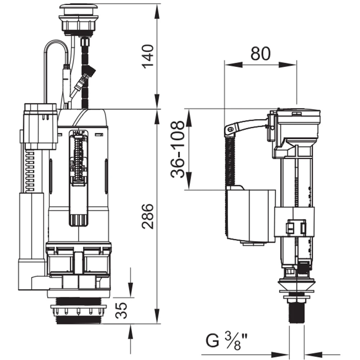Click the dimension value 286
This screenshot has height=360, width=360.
[148, 216]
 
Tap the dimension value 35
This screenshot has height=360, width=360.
[122, 310]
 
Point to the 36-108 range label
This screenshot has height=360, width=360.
[178, 149]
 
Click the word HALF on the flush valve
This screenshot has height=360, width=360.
[79, 133]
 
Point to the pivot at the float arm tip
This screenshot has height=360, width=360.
[229, 129]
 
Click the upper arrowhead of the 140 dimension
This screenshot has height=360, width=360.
[157, 11]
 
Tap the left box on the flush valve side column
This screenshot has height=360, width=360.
[40, 126]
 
